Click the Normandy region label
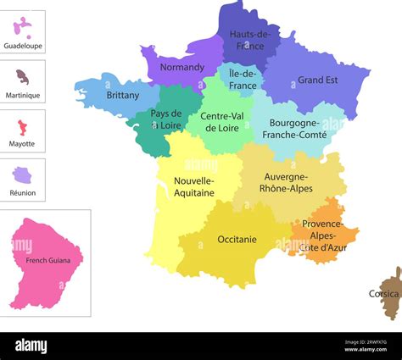[181, 67]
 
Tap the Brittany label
[123, 96]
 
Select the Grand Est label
[317, 80]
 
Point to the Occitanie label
[237, 240]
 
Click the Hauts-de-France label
[250, 40]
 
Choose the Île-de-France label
[243, 80]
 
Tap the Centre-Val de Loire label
[223, 123]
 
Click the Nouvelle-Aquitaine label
[193, 186]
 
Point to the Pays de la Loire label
[166, 119]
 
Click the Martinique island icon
[23, 77]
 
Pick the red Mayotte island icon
[22, 127]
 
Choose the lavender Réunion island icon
[22, 175]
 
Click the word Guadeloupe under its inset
[23, 46]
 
